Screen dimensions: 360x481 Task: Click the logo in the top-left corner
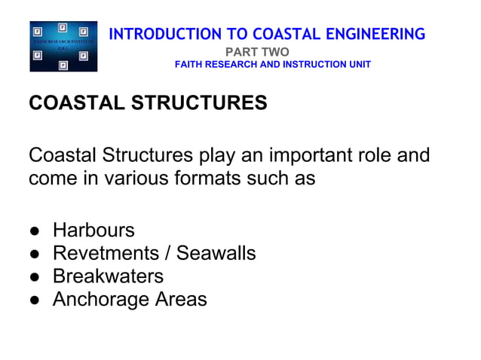coord(63,47)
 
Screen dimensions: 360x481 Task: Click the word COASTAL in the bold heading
coord(72,103)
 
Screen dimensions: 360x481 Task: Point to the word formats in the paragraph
coord(198,179)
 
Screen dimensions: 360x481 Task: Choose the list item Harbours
coord(93,230)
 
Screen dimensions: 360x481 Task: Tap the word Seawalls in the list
coord(216,253)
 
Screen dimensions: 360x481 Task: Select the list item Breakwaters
coord(108,276)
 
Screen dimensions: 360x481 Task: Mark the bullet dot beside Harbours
coord(35,230)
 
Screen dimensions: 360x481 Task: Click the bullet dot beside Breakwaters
coord(35,276)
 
